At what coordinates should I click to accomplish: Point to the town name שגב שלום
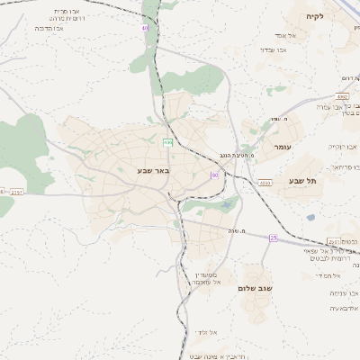tap(255, 288)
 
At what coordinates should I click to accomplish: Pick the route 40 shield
tap(144, 28)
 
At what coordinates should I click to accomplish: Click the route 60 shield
tap(215, 175)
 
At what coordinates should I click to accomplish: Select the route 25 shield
tap(273, 238)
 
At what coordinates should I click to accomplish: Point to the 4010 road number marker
tap(265, 183)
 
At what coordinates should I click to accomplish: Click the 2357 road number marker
tap(17, 192)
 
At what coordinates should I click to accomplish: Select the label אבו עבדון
tap(273, 49)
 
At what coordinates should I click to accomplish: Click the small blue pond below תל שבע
tap(310, 217)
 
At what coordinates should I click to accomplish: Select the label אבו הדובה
tap(50, 28)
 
